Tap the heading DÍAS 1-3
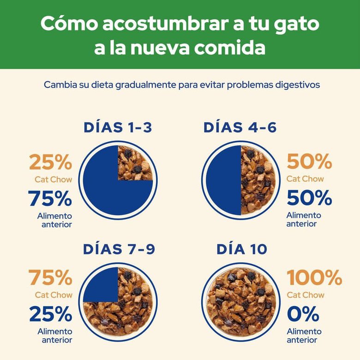click(x=118, y=128)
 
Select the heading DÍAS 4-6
click(x=240, y=128)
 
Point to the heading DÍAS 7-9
click(x=119, y=249)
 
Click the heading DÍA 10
click(x=241, y=249)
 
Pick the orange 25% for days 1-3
click(x=50, y=162)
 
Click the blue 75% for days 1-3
click(x=50, y=198)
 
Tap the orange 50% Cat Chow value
click(x=309, y=162)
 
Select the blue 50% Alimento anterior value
click(x=309, y=198)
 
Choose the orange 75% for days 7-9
click(x=50, y=278)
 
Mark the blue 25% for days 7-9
click(x=50, y=314)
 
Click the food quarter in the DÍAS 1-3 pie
click(x=135, y=163)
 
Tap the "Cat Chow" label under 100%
click(x=306, y=295)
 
